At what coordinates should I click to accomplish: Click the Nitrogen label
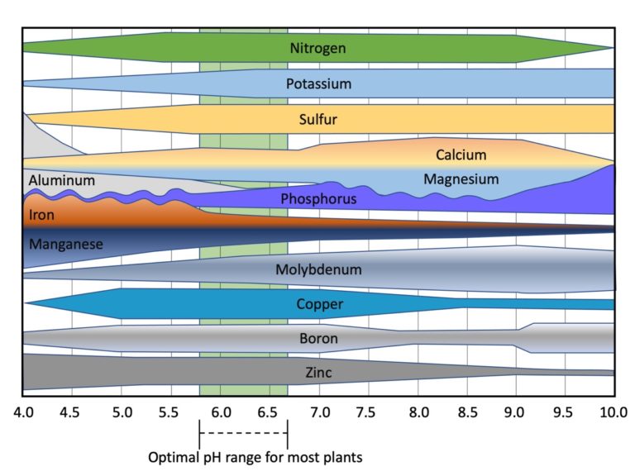pyautogui.click(x=317, y=48)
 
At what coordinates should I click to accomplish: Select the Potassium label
pyautogui.click(x=318, y=83)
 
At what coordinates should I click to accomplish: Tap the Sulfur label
pyautogui.click(x=318, y=120)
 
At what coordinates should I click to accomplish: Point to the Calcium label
pyautogui.click(x=461, y=155)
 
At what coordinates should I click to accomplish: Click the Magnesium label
pyautogui.click(x=461, y=179)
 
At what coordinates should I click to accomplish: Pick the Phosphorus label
pyautogui.click(x=318, y=199)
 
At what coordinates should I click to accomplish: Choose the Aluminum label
pyautogui.click(x=61, y=180)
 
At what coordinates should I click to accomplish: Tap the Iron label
pyautogui.click(x=41, y=216)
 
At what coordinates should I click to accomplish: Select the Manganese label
pyautogui.click(x=65, y=245)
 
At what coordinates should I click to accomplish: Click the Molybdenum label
pyautogui.click(x=318, y=269)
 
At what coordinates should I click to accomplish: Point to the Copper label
pyautogui.click(x=319, y=305)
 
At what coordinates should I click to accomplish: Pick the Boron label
pyautogui.click(x=318, y=338)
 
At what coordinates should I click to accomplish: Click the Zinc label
pyautogui.click(x=318, y=374)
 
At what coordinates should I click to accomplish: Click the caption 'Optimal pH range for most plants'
pyautogui.click(x=255, y=456)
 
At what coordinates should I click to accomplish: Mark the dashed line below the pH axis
pyautogui.click(x=243, y=432)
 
